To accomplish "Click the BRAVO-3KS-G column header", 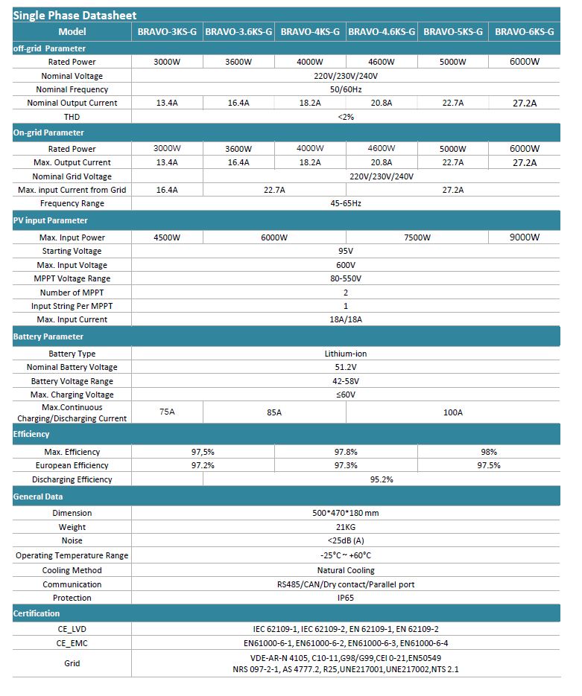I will coord(167,32).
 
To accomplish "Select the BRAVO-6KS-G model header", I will coord(525,32).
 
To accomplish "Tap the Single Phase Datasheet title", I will coord(75,15).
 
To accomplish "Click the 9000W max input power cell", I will coord(525,237).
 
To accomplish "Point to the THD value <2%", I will coord(346,117).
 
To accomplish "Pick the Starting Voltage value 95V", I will coord(346,252).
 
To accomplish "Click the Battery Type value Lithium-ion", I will coord(346,354).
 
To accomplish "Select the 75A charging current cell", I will coord(167,412).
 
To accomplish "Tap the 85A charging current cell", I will coord(274,412).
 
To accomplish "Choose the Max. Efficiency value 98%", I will coord(489,452).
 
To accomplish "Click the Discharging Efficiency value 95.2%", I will coord(382,479).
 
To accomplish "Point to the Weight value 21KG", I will coord(346,527).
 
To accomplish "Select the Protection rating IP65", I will coord(346,598).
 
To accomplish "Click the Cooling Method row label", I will coord(72,570).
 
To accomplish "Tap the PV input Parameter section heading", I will coord(51,220).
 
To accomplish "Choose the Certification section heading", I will coord(37,613).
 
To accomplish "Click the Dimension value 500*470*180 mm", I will coord(346,513).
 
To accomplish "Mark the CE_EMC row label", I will coord(72,642).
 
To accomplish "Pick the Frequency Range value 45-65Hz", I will coord(346,203).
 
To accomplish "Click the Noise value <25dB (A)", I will coord(346,540).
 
